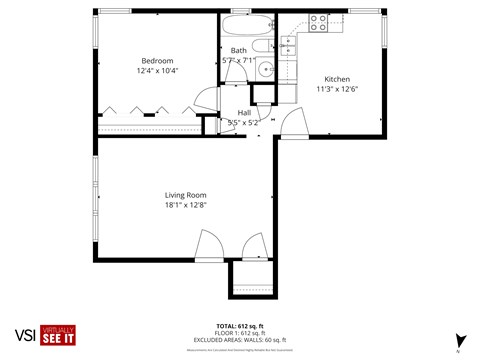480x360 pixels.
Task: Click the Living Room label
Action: [x=185, y=194]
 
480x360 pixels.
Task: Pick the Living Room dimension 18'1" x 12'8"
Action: [x=185, y=205]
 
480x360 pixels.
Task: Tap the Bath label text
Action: [x=239, y=50]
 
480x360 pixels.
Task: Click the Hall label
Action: [x=243, y=113]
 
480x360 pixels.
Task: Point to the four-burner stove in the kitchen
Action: [x=320, y=22]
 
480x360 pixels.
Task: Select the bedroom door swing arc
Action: [x=204, y=100]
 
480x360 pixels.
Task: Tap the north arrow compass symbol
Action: [x=459, y=341]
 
